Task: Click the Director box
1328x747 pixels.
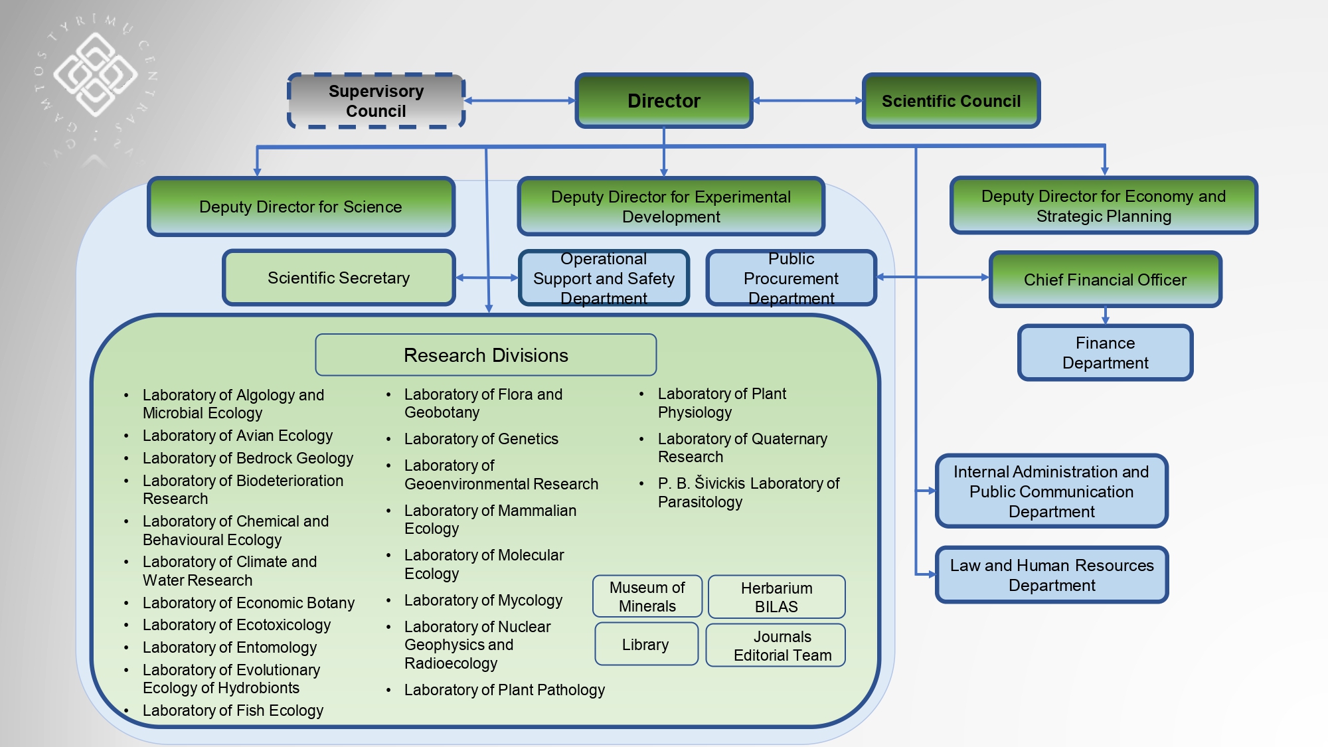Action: [663, 101]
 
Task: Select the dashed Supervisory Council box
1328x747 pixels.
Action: [376, 101]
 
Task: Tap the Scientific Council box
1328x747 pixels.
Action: [951, 101]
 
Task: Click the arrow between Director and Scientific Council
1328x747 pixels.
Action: [807, 101]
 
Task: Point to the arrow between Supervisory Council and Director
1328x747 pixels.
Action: [519, 101]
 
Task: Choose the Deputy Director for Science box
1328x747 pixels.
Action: [301, 207]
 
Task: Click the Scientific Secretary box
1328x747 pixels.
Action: [339, 278]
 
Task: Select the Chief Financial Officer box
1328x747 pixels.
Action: [1105, 280]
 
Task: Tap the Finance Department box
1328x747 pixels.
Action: [1105, 353]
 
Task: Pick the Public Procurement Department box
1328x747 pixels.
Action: [791, 278]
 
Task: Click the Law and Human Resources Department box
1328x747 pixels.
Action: [1052, 575]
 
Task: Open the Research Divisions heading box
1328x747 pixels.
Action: [485, 355]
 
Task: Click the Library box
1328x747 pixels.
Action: [645, 644]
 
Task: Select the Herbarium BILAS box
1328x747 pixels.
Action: [776, 597]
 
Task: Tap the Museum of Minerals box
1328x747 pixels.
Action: [647, 596]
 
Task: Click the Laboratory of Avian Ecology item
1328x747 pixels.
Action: [238, 436]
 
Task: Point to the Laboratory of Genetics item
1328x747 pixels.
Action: [481, 439]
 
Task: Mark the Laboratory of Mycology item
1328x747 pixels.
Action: [483, 600]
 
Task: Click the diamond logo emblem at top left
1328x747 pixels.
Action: [95, 74]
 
